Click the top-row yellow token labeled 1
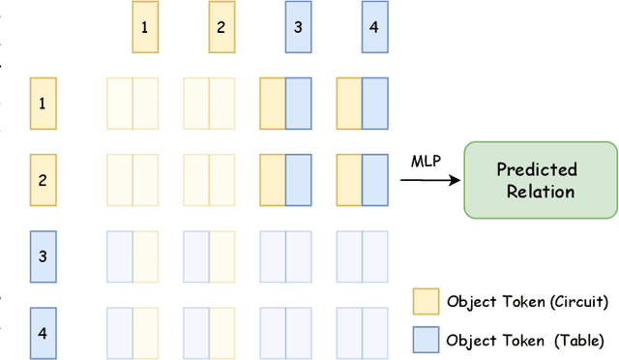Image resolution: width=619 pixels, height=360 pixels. (145, 28)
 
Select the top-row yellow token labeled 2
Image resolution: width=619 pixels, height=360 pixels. (221, 28)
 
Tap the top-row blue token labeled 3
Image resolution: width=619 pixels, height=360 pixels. (298, 28)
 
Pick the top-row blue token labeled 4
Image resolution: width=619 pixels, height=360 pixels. (374, 28)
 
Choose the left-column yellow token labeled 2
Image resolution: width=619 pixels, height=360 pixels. (42, 179)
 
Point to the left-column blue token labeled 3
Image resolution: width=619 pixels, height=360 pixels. (42, 256)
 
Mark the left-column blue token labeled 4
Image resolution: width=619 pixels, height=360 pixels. (42, 332)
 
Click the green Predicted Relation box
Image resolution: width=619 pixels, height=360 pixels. (540, 179)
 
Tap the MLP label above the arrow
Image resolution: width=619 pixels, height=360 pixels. (427, 160)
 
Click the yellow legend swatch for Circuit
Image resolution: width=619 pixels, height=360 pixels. (425, 301)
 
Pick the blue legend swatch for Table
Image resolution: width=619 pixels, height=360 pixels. (425, 340)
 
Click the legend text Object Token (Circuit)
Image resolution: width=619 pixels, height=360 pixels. (527, 301)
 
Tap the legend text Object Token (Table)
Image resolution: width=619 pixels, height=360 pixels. (525, 340)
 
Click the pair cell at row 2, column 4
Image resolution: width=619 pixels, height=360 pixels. (362, 179)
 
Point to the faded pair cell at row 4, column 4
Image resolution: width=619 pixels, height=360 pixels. (362, 332)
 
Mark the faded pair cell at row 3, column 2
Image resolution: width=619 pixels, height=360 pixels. (209, 256)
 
